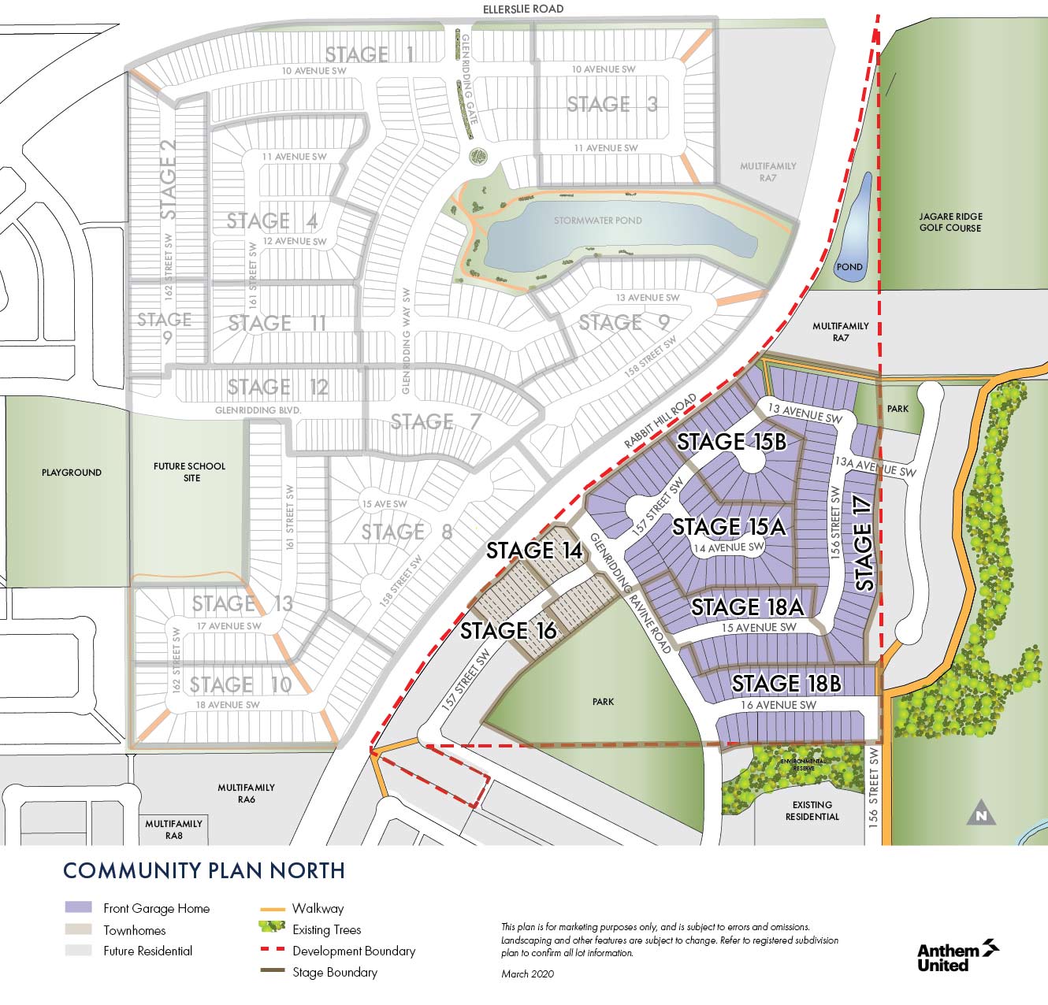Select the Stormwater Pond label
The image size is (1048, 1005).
pos(597,221)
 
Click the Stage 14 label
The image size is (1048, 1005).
pos(533,551)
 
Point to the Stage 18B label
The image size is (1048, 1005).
pos(786,683)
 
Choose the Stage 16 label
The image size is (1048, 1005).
pos(508,630)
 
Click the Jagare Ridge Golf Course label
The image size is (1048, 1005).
pos(950,222)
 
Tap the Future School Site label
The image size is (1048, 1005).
pos(189,472)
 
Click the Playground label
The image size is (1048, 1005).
pos(72,473)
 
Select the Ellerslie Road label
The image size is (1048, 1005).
pos(523,9)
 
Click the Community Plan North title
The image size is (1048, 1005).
pos(203,870)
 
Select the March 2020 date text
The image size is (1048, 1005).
pos(527,974)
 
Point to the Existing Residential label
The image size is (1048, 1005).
pos(812,810)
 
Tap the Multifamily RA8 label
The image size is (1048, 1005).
pos(173,829)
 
